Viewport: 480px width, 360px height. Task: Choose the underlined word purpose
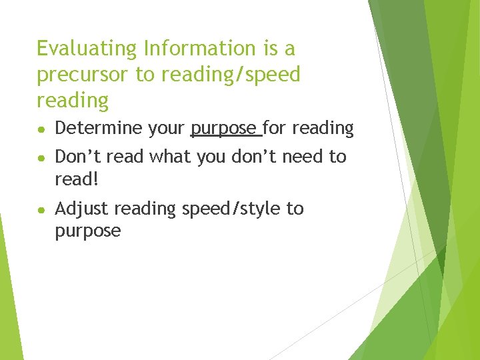tap(224, 128)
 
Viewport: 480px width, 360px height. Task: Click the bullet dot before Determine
tap(41, 129)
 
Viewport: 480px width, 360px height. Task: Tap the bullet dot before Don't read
tap(41, 157)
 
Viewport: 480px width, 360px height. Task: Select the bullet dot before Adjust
tap(41, 209)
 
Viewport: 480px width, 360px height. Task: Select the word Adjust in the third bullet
tap(82, 209)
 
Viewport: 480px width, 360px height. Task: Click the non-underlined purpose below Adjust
tap(88, 231)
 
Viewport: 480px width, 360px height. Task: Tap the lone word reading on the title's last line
tap(73, 101)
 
